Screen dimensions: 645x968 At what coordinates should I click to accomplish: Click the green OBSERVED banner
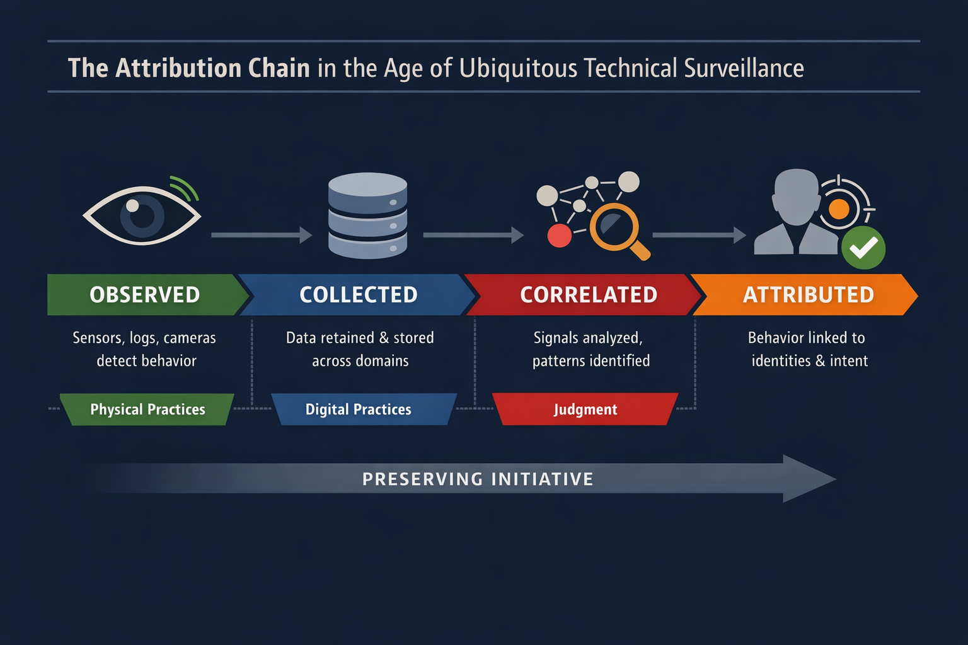tap(145, 295)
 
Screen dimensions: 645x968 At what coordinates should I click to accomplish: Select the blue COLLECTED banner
tap(358, 295)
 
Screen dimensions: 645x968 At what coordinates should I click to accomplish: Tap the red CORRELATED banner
tap(588, 295)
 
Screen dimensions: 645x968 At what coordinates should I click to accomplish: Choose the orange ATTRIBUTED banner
tap(808, 295)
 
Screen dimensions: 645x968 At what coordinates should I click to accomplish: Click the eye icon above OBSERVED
tap(142, 215)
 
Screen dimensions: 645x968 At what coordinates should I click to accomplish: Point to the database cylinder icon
tap(367, 215)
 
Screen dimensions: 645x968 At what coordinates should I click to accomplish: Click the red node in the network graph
tap(559, 236)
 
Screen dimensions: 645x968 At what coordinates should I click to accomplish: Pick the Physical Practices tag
tap(147, 409)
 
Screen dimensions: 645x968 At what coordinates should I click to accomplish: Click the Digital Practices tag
tap(358, 409)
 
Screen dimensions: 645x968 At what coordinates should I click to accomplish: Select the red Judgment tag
tap(585, 409)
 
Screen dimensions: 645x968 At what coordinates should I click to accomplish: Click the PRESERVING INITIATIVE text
tap(478, 479)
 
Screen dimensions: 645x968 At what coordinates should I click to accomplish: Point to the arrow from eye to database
tap(261, 235)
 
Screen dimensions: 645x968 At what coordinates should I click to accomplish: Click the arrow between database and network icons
tap(473, 235)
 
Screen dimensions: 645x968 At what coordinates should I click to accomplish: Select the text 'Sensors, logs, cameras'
tap(144, 338)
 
